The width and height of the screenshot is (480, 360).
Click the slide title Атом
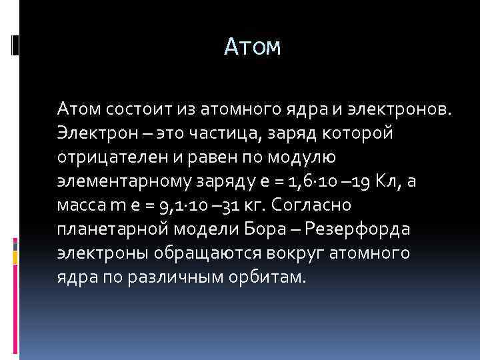click(253, 47)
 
